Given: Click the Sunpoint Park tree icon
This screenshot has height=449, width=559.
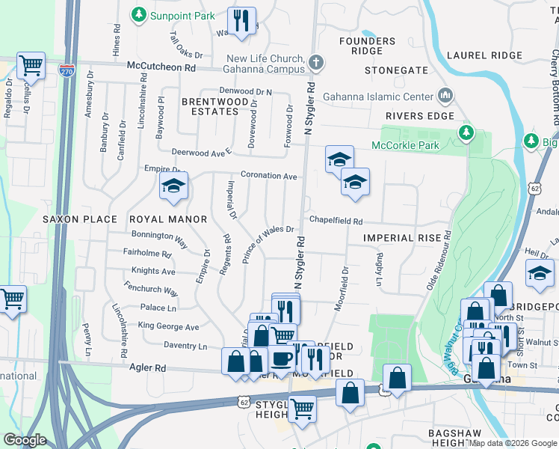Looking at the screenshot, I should point(138,14).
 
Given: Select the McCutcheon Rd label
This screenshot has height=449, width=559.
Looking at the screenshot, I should point(161,67).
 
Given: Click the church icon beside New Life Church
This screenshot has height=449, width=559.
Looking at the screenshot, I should point(316,62).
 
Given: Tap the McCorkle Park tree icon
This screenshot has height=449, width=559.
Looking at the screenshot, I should point(467,132).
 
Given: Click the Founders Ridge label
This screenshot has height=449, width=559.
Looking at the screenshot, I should point(367,46).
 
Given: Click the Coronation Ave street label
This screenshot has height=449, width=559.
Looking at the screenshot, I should point(269,176).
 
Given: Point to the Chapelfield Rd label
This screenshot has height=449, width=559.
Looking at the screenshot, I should point(336,222).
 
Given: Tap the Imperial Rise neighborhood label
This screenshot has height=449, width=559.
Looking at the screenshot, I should point(398,237).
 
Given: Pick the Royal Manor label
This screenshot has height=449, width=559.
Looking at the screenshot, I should point(167,219).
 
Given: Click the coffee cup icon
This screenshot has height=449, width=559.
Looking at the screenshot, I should point(282,358).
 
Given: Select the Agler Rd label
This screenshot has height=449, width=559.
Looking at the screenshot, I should point(150,368).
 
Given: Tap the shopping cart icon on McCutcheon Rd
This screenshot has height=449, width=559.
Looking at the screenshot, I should point(31,66).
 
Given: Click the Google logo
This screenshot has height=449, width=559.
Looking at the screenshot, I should point(25,439).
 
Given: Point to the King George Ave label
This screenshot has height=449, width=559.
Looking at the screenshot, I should point(168,326).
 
